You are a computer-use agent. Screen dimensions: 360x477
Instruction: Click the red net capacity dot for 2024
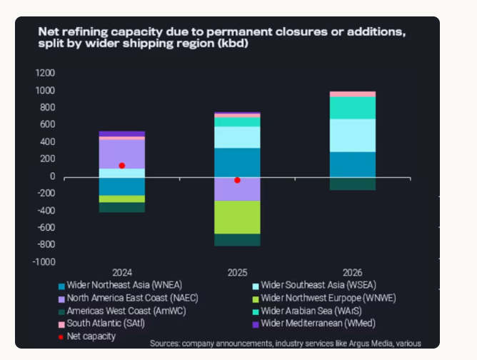[122, 166]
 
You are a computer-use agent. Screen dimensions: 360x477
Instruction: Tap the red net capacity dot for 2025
[238, 180]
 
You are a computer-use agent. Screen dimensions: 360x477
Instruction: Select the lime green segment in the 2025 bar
[238, 217]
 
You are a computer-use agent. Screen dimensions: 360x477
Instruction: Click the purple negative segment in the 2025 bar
[238, 189]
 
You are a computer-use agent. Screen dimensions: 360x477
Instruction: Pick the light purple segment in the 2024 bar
[122, 154]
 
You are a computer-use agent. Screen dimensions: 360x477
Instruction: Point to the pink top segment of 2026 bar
[353, 94]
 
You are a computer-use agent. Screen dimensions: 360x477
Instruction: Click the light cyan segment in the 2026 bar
[353, 135]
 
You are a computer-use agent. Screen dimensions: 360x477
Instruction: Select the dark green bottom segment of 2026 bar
[353, 184]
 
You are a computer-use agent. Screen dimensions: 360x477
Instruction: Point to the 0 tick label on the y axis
[51, 176]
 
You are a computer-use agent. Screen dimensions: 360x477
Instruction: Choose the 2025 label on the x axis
[238, 273]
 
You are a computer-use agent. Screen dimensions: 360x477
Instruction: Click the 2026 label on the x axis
[353, 273]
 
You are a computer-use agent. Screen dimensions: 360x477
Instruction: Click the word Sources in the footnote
[166, 344]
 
